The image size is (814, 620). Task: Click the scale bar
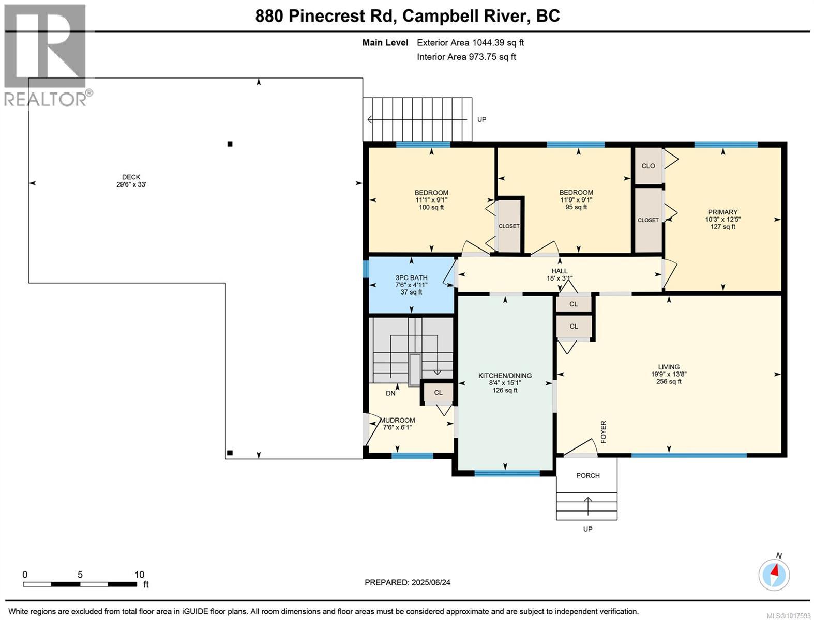(80, 584)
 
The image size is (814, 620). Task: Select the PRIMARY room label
(722, 212)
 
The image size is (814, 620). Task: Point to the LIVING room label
(669, 367)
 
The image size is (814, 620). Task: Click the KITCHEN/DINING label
(505, 376)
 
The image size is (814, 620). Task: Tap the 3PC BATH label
(411, 278)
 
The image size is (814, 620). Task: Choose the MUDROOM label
(397, 421)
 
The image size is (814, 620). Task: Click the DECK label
(131, 177)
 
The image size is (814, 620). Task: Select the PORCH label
(588, 475)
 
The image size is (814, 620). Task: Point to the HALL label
(559, 271)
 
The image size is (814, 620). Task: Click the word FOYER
(604, 432)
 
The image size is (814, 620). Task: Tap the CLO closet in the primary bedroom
(648, 166)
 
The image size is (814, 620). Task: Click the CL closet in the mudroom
(439, 393)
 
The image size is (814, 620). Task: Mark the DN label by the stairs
(390, 393)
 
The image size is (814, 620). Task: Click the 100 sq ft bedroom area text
(431, 207)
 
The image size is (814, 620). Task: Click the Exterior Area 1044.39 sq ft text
(470, 42)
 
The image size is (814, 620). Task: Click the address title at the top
(408, 16)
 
